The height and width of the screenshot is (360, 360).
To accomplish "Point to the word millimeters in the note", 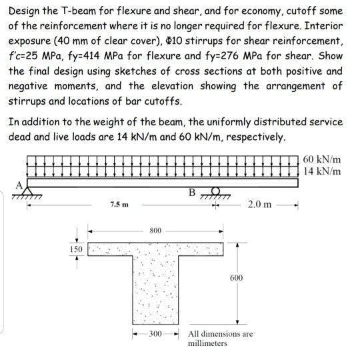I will click(208, 343).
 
